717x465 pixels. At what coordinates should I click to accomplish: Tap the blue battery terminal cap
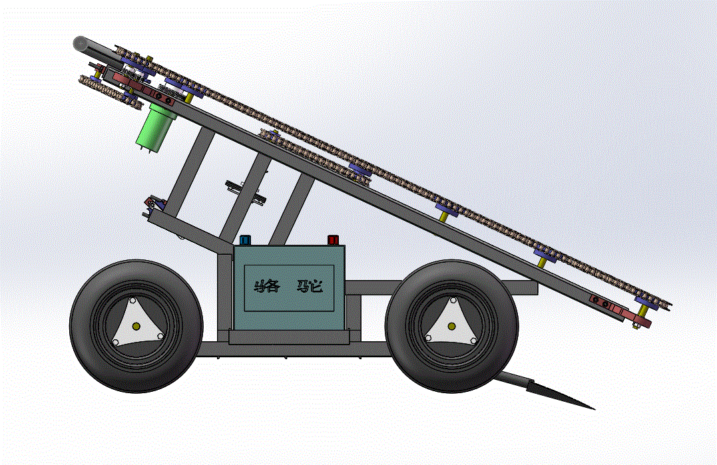pos(246,240)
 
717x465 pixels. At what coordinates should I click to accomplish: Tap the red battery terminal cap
pos(333,240)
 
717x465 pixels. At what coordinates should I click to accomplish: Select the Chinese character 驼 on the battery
pos(310,287)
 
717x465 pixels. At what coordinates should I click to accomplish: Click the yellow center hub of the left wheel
pos(136,326)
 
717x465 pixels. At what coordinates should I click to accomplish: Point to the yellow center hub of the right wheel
pos(452,326)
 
